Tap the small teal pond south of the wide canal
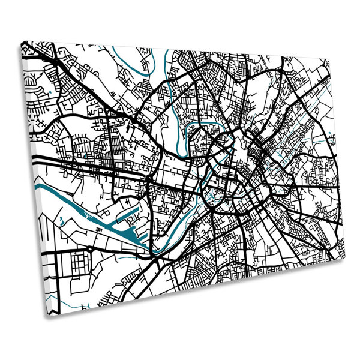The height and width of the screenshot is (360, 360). (62, 220)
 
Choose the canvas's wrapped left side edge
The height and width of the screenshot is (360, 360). (30, 180)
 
